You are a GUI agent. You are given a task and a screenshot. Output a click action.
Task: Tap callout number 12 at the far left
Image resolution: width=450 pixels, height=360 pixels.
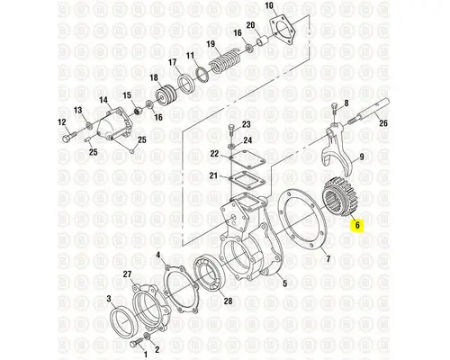click(62, 122)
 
